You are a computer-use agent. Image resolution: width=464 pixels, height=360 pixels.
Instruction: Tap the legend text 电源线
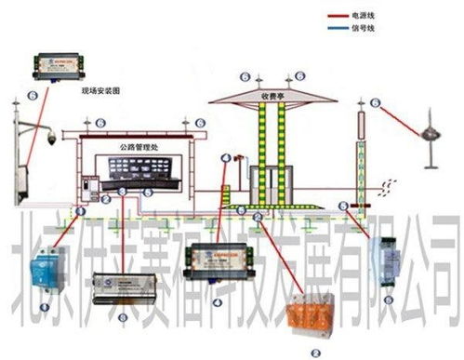(365, 17)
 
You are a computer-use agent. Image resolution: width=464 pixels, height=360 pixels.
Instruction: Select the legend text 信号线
(365, 29)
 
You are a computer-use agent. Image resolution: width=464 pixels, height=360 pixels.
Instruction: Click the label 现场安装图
(101, 91)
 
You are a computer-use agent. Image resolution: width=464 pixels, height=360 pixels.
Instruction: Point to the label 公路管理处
(140, 147)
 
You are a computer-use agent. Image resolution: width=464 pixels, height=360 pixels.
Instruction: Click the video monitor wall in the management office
(139, 170)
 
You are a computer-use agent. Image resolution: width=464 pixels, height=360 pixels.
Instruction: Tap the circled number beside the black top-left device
(34, 94)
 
